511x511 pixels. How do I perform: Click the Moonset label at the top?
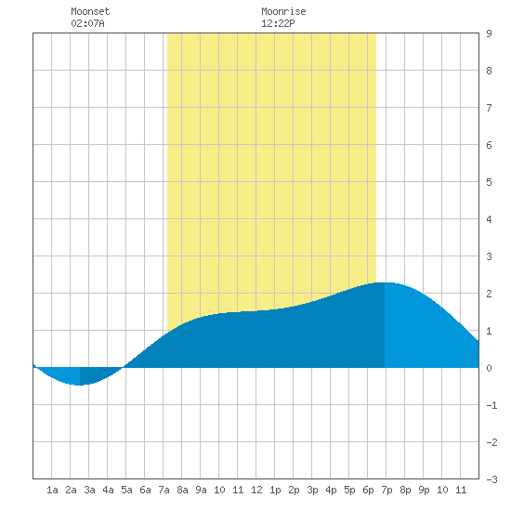click(x=90, y=11)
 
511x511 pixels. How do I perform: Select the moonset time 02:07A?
click(x=87, y=23)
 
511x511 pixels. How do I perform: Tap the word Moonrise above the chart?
click(x=283, y=11)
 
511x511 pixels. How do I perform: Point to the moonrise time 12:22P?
click(x=278, y=23)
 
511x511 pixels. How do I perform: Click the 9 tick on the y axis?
click(x=489, y=33)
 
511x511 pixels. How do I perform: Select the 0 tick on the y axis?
click(x=489, y=368)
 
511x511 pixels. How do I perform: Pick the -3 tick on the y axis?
click(x=491, y=479)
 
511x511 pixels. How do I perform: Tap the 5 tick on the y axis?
click(x=489, y=182)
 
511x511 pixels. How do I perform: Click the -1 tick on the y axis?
click(x=491, y=405)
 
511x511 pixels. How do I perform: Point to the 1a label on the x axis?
click(x=52, y=490)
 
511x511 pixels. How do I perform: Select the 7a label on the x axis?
click(x=164, y=490)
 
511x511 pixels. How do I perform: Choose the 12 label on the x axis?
click(x=256, y=490)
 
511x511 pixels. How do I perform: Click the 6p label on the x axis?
click(x=368, y=490)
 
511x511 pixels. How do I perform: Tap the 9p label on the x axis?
click(x=424, y=490)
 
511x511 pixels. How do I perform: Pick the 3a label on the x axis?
click(x=89, y=490)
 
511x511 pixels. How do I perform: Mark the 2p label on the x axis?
click(x=294, y=490)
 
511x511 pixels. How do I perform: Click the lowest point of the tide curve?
click(x=80, y=385)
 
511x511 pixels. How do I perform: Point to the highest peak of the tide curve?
click(x=385, y=282)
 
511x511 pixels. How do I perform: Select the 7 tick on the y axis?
click(x=489, y=108)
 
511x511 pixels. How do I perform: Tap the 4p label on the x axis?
click(x=331, y=490)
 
